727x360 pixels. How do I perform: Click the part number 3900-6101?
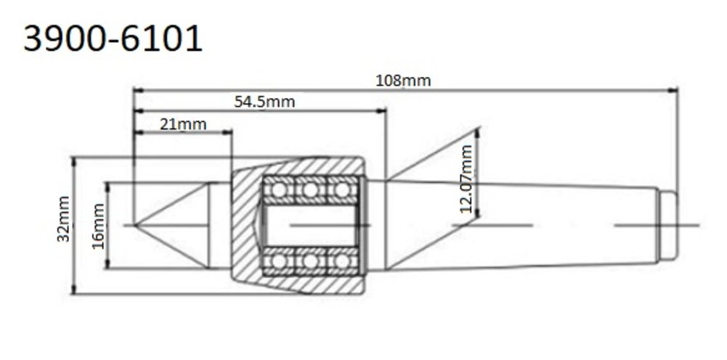tap(113, 38)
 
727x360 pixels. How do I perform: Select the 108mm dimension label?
tap(403, 81)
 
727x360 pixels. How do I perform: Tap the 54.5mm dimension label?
tap(264, 102)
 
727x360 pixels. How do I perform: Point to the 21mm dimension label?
tap(183, 123)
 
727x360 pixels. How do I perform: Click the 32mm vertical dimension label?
tap(63, 219)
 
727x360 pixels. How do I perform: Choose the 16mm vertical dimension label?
tap(98, 226)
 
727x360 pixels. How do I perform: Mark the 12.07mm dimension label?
tap(466, 179)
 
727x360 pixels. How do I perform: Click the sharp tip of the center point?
tap(134, 225)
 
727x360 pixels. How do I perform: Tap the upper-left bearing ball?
tap(279, 189)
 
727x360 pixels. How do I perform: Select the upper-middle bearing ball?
tap(310, 189)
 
